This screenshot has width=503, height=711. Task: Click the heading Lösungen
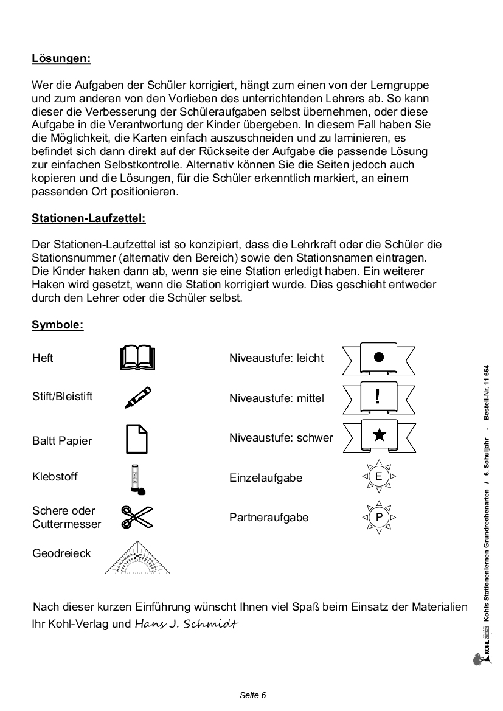click(61, 58)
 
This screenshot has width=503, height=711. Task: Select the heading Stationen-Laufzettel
click(89, 217)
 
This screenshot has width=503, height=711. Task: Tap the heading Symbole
click(58, 324)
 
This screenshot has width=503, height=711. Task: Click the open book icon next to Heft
click(138, 358)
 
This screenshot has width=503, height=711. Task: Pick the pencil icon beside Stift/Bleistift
click(137, 397)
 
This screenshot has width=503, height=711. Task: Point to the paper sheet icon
click(137, 439)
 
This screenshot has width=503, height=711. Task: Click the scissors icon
click(137, 516)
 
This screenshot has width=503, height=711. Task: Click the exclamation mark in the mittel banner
click(378, 397)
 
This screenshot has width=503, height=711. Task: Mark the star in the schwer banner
click(378, 435)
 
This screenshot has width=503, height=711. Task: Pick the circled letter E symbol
click(379, 476)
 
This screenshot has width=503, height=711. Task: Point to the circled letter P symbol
click(379, 517)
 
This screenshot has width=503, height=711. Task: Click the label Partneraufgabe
click(269, 518)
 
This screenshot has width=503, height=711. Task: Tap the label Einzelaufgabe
click(266, 478)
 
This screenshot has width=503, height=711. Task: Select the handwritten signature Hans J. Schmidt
click(186, 623)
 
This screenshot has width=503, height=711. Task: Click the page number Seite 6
click(252, 695)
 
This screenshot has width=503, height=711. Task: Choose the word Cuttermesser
click(67, 524)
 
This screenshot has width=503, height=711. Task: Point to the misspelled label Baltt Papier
click(62, 441)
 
